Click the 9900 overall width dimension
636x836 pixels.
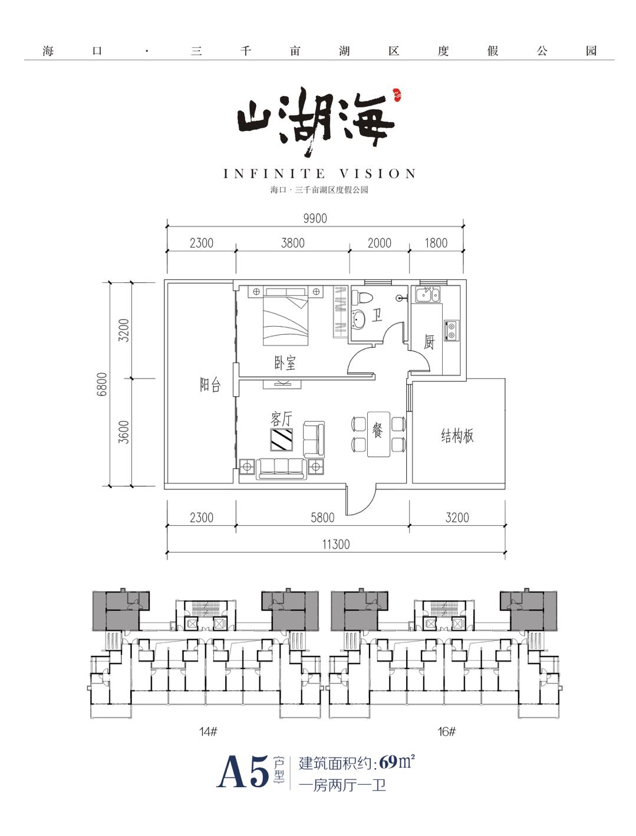315,218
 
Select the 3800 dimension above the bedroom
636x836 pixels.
292,242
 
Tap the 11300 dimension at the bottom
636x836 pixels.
335,544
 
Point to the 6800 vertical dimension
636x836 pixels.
103,384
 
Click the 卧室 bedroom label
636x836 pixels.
285,363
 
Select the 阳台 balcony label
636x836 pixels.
210,385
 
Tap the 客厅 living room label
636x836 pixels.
281,419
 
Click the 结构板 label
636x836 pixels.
457,436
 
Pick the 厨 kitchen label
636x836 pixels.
429,341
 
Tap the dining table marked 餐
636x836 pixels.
378,433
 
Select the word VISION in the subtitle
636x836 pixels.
378,174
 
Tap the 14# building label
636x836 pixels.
208,732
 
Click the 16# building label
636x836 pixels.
447,732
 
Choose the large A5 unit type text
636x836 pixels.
243,772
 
